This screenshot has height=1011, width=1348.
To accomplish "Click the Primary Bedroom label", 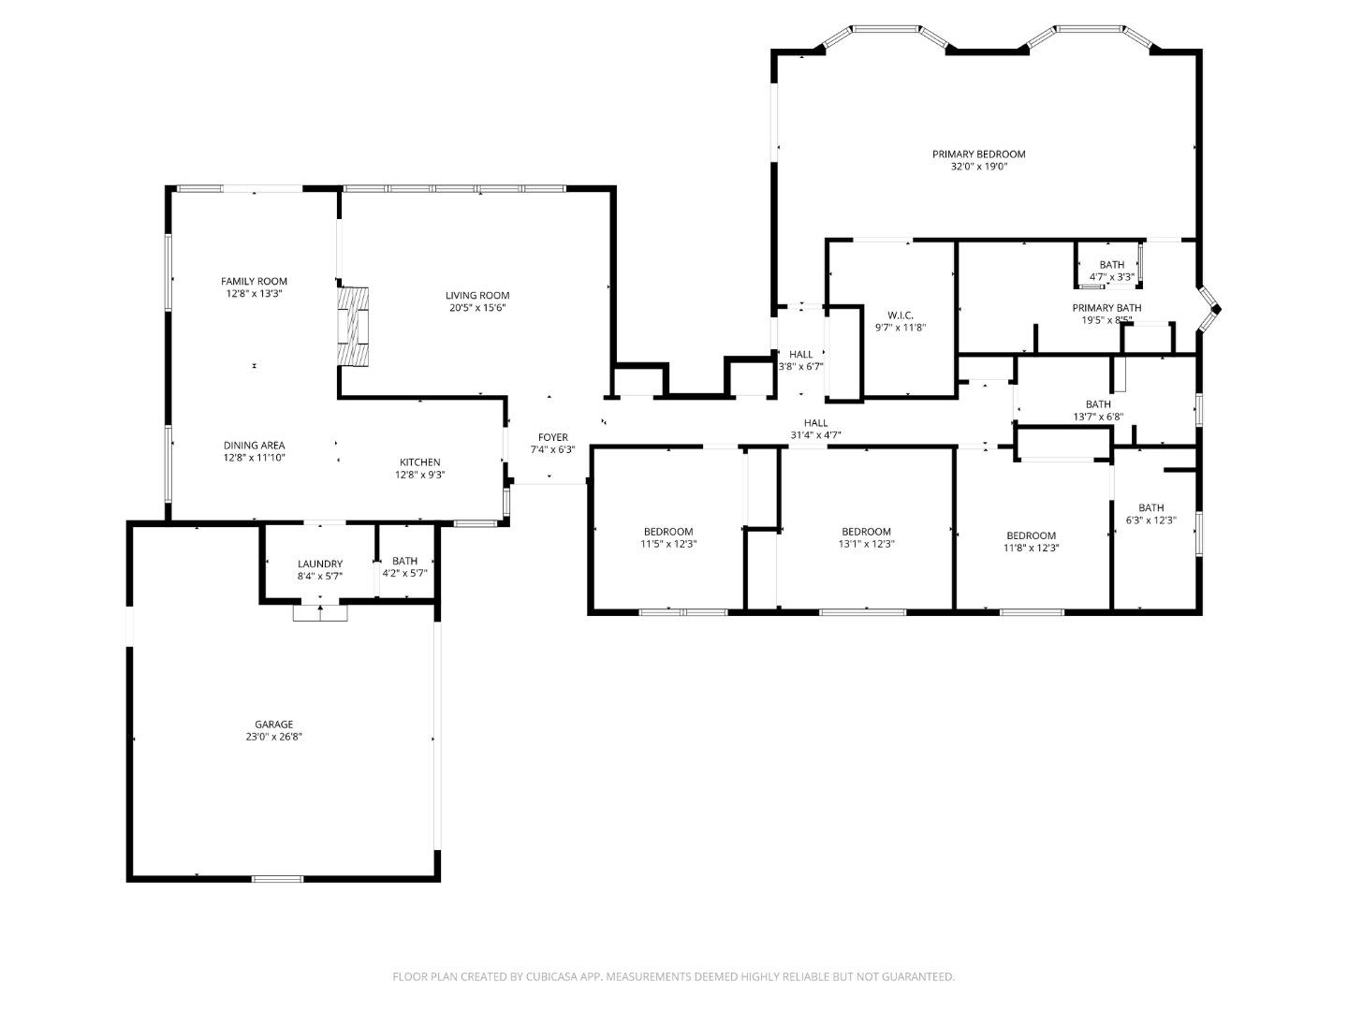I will tap(978, 154).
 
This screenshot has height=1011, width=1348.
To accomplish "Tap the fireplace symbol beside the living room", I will tap(355, 327).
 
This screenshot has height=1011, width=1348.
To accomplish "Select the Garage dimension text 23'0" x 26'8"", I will tap(273, 737).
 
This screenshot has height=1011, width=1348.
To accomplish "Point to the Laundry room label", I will tap(320, 564).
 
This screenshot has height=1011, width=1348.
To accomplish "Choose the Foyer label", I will tap(552, 437).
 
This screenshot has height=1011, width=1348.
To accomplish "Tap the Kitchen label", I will tap(419, 462).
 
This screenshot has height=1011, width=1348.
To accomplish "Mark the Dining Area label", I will tap(254, 446).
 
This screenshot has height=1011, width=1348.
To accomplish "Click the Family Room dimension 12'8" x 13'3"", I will tap(254, 294).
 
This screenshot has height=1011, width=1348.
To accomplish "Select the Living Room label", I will tap(477, 296).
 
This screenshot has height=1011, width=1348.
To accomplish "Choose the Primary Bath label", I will tap(1106, 308).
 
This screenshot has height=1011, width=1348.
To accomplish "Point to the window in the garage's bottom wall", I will tap(278, 878).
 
